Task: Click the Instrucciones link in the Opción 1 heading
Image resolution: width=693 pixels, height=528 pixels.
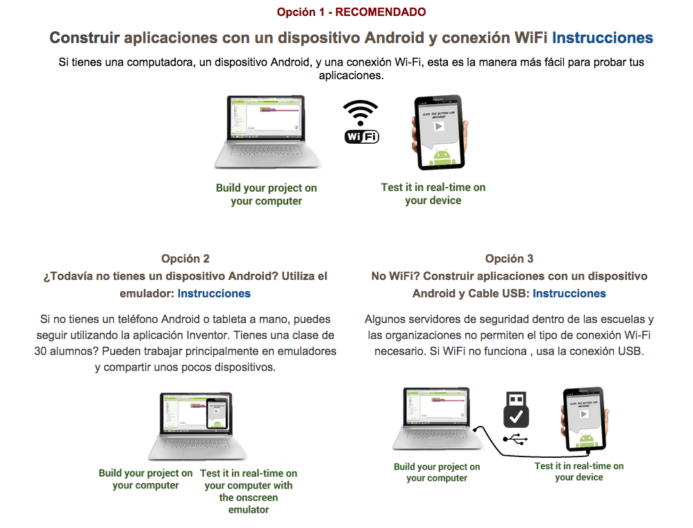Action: pyautogui.click(x=602, y=38)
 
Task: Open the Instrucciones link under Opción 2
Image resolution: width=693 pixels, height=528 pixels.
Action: pyautogui.click(x=214, y=293)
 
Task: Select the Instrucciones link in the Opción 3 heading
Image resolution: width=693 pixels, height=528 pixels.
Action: pyautogui.click(x=569, y=293)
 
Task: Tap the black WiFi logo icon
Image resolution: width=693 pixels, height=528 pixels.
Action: pyautogui.click(x=361, y=122)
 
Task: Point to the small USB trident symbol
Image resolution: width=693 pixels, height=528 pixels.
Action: pyautogui.click(x=516, y=439)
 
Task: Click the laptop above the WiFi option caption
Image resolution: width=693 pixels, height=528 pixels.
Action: pyautogui.click(x=267, y=132)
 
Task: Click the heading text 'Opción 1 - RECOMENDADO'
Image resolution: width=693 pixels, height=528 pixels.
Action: pyautogui.click(x=351, y=12)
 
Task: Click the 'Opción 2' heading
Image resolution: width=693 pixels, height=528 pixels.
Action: pyautogui.click(x=185, y=258)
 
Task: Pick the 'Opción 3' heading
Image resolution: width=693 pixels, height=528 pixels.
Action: pyautogui.click(x=509, y=258)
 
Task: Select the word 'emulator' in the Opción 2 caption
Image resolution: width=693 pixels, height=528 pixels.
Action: pyautogui.click(x=248, y=509)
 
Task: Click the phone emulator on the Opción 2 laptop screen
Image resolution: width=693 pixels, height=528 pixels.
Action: pyautogui.click(x=217, y=415)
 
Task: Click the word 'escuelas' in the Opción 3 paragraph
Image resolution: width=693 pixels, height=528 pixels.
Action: pyautogui.click(x=624, y=320)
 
